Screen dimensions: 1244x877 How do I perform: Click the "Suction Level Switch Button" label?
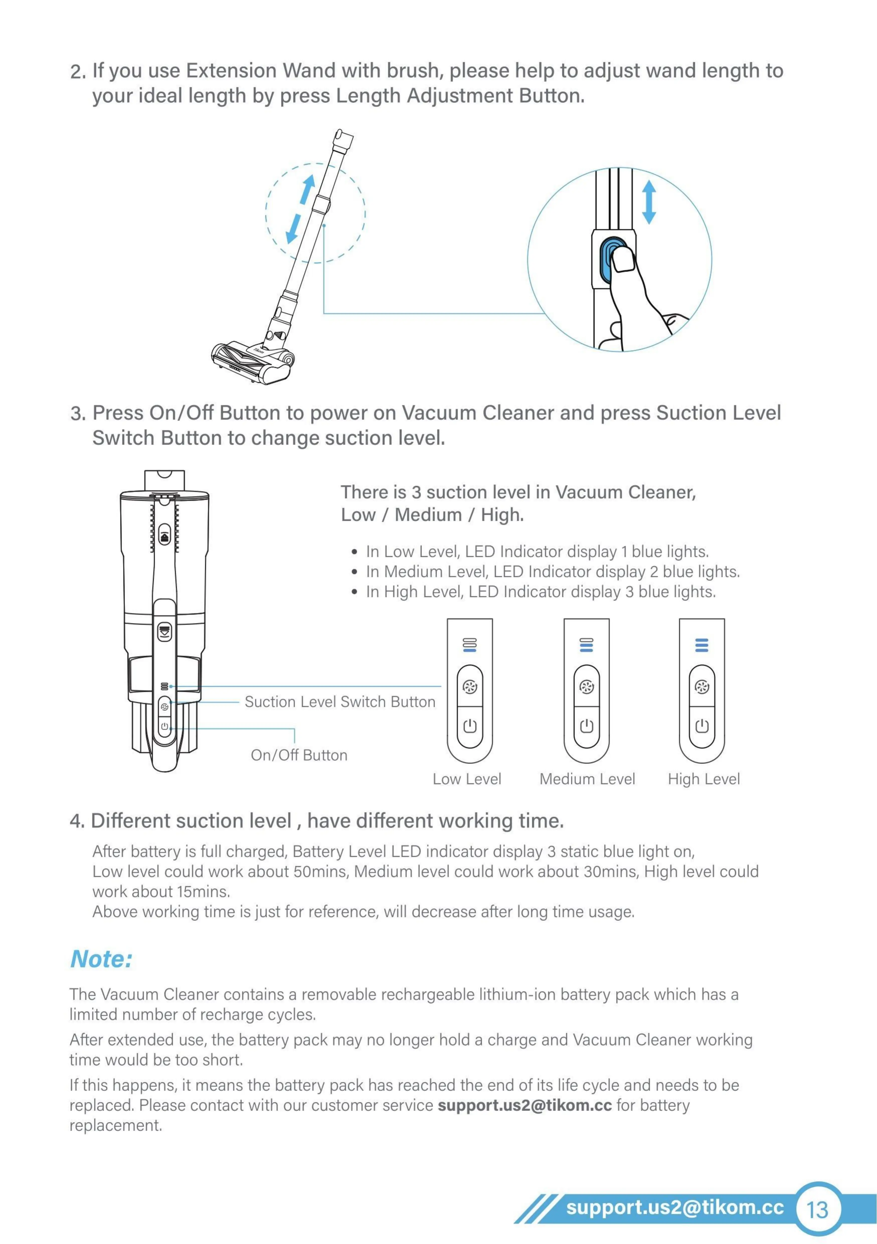click(340, 702)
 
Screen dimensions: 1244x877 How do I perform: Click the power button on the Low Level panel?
click(470, 726)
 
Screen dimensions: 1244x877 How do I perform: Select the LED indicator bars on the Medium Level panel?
click(586, 645)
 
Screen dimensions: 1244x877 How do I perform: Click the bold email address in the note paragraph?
click(524, 1105)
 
